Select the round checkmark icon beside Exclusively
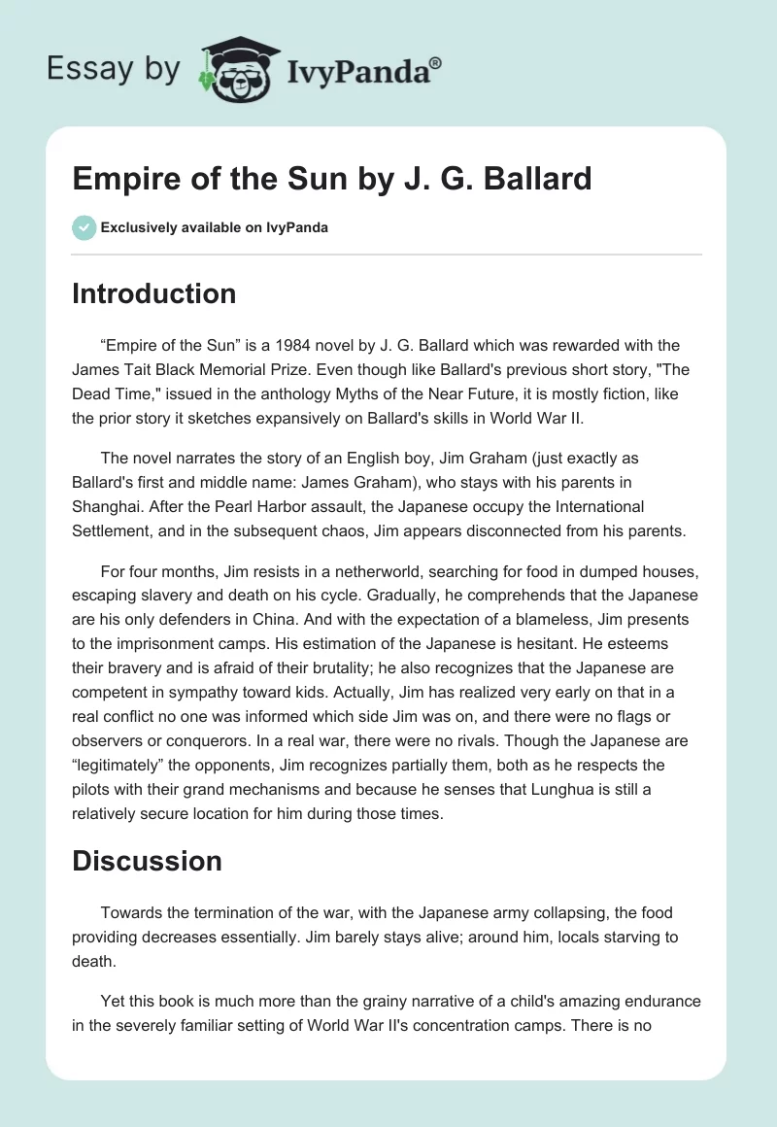pyautogui.click(x=84, y=227)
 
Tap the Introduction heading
pyautogui.click(x=153, y=293)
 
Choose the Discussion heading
pyautogui.click(x=147, y=861)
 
